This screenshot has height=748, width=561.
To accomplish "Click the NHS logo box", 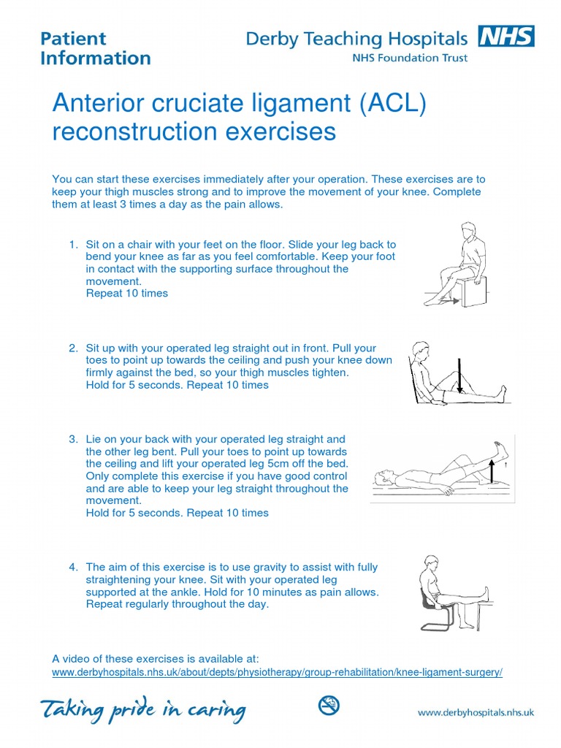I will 505,36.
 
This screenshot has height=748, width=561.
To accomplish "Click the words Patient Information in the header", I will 95,47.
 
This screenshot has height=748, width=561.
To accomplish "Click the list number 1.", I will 72,244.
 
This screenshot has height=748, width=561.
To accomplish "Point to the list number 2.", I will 72,348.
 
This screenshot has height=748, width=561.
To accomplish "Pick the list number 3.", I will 72,439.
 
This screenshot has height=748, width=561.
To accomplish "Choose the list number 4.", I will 72,567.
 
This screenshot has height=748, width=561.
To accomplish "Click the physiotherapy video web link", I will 278,672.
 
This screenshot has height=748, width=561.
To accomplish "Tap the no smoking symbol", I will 329,706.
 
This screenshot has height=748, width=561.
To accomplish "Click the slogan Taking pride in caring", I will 142,709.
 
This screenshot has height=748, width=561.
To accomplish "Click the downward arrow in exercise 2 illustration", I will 460,376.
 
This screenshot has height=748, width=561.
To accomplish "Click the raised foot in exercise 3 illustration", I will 498,446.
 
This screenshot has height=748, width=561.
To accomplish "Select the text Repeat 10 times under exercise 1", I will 127,294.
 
